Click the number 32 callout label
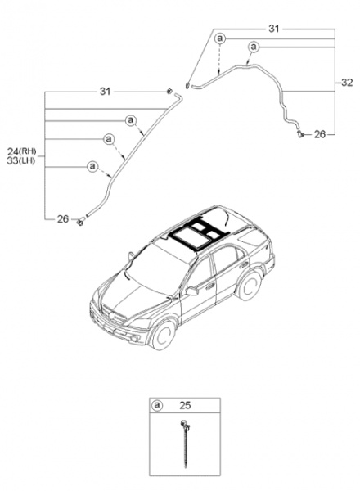click(x=347, y=83)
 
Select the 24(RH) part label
click(x=21, y=152)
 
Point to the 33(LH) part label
click(x=21, y=161)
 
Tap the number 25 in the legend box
click(x=185, y=405)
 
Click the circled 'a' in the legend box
click(x=157, y=405)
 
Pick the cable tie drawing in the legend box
click(x=186, y=444)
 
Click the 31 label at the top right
click(x=273, y=29)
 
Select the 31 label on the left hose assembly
click(x=106, y=92)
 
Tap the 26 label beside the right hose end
click(x=320, y=134)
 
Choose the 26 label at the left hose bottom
click(x=63, y=218)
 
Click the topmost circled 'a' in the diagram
click(x=220, y=38)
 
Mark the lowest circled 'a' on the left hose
click(x=92, y=166)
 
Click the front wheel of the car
click(x=164, y=335)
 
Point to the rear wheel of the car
click(x=250, y=286)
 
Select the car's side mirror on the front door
click(x=191, y=291)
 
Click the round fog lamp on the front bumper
click(x=134, y=339)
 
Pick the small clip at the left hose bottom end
click(x=80, y=222)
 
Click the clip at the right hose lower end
click(x=301, y=134)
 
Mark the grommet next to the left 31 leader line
click(x=169, y=92)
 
